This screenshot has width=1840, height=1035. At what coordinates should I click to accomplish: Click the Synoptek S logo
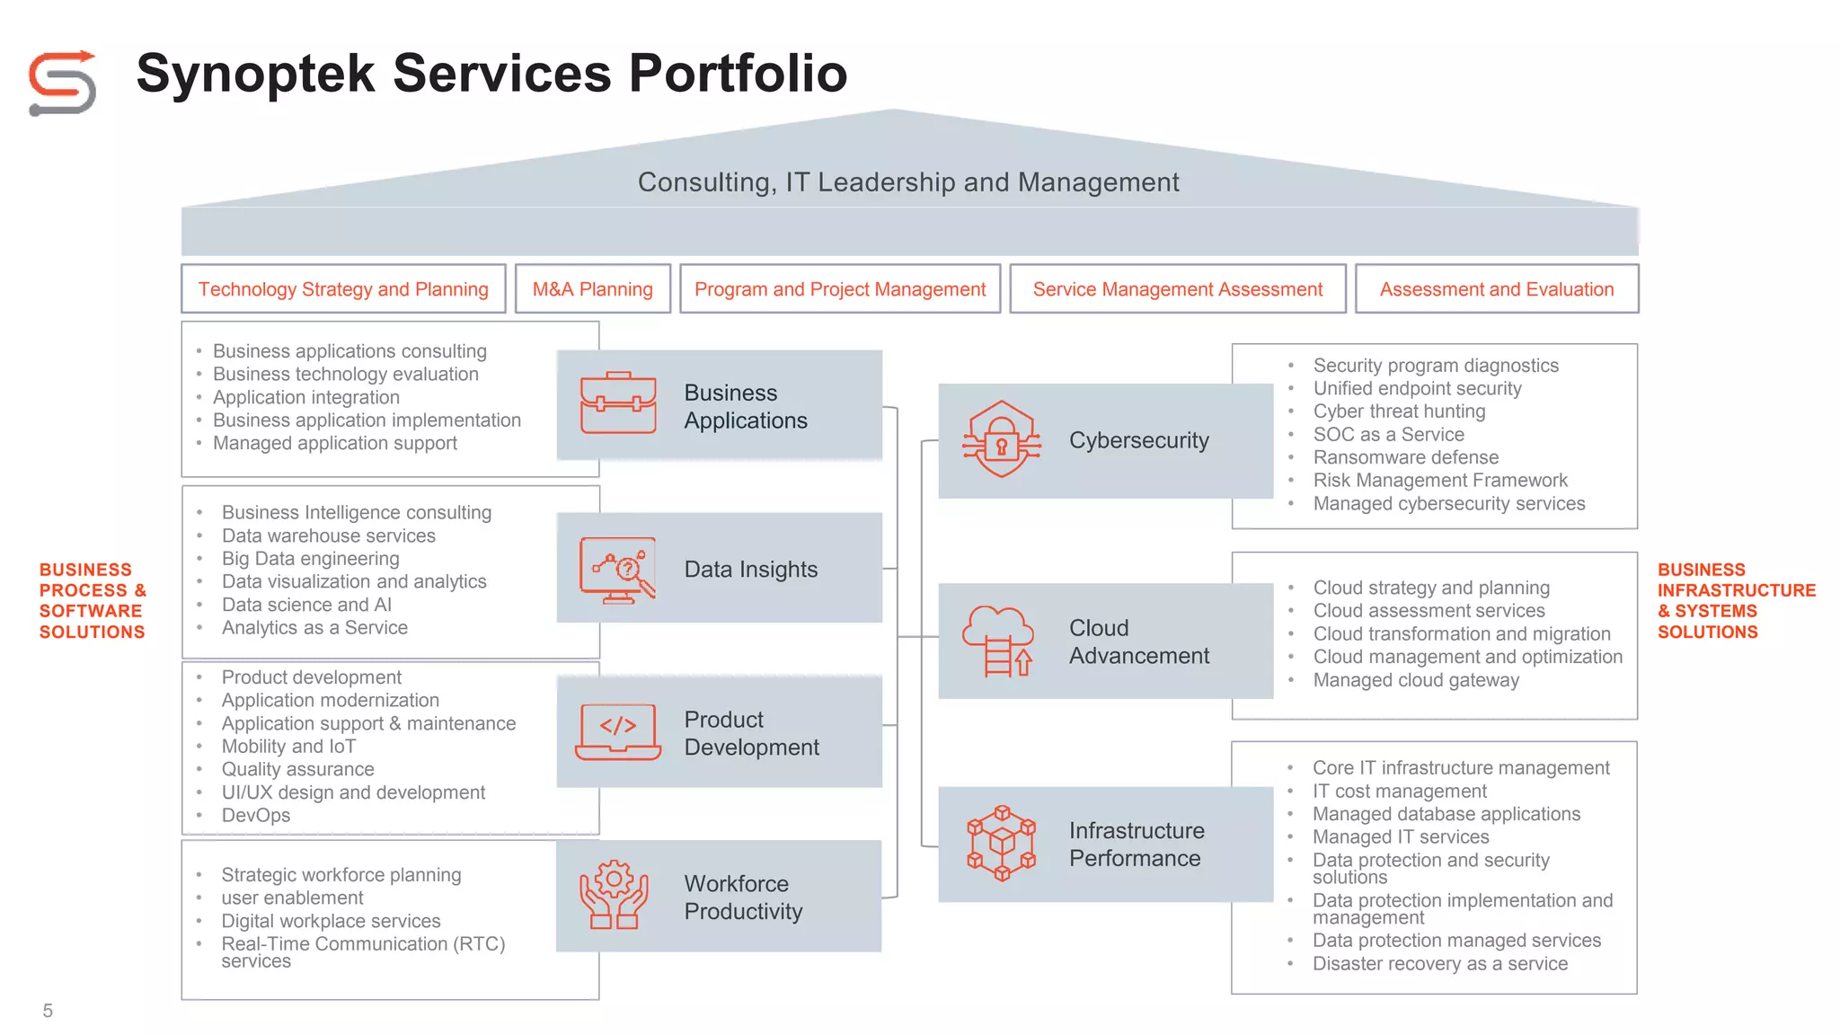pos(62,83)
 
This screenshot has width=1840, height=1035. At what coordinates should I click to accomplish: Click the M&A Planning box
pos(592,289)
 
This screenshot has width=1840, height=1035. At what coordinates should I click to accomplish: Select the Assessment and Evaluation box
pos(1496,289)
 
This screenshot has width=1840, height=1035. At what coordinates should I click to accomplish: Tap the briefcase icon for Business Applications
pos(618,403)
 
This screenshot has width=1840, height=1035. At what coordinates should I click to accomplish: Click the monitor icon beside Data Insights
pos(618,570)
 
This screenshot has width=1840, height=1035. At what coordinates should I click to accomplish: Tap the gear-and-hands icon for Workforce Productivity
pos(615,895)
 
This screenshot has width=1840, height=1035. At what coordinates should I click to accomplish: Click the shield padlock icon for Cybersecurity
pos(1001,439)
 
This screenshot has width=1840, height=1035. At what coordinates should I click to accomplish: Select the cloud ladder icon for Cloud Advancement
pos(998,641)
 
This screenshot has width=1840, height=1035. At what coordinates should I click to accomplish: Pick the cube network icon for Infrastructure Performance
pos(1001,843)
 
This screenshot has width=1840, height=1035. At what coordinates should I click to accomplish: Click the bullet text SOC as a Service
pos(1388,435)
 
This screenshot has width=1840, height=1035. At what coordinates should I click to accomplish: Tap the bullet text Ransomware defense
pos(1405,457)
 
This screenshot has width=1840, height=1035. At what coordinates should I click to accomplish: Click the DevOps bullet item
pos(256,816)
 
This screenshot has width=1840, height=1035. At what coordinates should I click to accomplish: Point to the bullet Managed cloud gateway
pos(1416,681)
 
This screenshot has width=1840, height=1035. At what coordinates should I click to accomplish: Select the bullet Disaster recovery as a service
pos(1439,964)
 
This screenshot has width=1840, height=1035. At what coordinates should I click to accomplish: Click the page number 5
pos(48,1011)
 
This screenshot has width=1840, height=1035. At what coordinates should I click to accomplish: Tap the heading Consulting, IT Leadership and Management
pos(907,182)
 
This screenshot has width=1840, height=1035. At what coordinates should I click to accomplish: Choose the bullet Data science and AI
pos(306,606)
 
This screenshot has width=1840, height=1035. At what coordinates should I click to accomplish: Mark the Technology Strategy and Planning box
pos(343,289)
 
